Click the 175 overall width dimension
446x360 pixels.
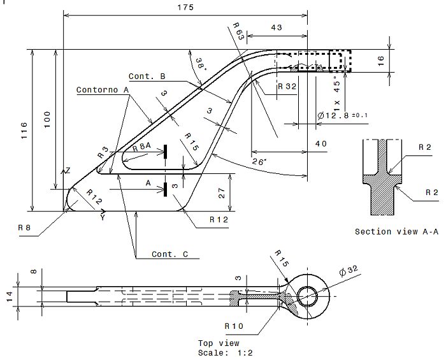tap(186, 7)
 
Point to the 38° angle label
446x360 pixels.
tap(201, 64)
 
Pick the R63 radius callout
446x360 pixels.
tap(236, 32)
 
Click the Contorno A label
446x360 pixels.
tap(103, 90)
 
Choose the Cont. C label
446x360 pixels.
tap(169, 254)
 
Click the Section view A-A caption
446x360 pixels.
tap(396, 231)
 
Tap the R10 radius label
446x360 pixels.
tap(234, 326)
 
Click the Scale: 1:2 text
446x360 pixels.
tap(219, 352)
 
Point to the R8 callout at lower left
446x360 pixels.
tap(24, 227)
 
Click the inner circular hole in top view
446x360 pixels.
tap(308, 296)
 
